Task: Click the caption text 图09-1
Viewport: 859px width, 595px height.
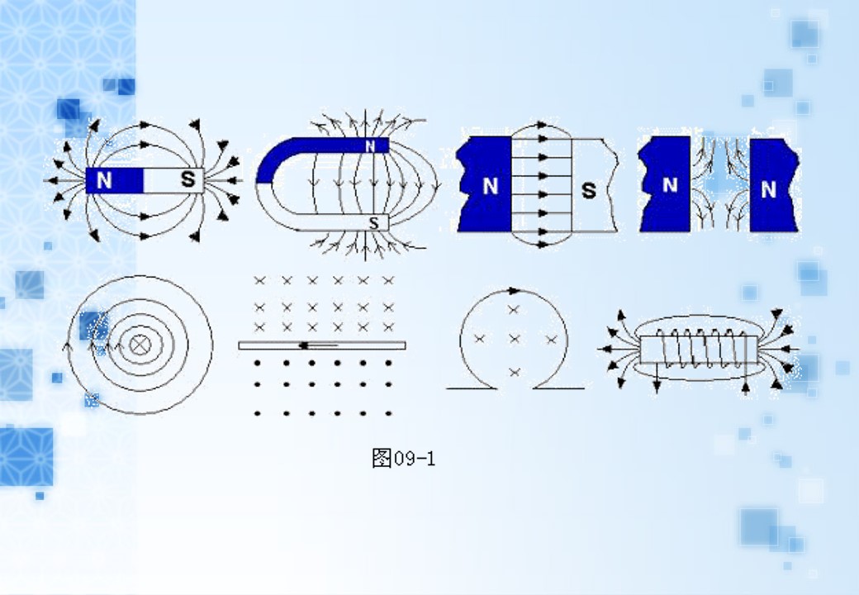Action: pos(403,458)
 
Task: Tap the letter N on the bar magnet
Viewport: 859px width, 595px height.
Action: pos(104,180)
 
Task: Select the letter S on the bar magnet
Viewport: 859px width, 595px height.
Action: pos(188,179)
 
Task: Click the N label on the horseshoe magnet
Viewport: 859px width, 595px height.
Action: pos(370,145)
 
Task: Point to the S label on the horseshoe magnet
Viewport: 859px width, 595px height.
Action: pos(373,223)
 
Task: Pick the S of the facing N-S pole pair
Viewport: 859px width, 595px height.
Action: pos(588,191)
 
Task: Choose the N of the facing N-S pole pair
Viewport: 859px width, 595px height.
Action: pos(491,186)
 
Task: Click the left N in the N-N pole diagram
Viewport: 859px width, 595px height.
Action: pos(670,185)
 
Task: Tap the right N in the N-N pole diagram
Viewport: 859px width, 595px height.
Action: pos(768,190)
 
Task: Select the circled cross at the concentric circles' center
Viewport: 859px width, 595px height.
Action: pos(140,345)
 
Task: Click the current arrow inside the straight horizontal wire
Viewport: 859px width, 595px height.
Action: pos(318,345)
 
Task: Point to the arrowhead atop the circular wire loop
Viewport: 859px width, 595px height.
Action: pos(513,290)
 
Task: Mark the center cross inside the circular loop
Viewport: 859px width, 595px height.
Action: pos(514,339)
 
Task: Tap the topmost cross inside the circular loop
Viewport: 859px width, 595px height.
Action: pos(513,310)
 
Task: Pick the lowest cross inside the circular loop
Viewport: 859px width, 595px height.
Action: pos(515,373)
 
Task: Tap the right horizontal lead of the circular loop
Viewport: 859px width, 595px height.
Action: pos(558,388)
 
